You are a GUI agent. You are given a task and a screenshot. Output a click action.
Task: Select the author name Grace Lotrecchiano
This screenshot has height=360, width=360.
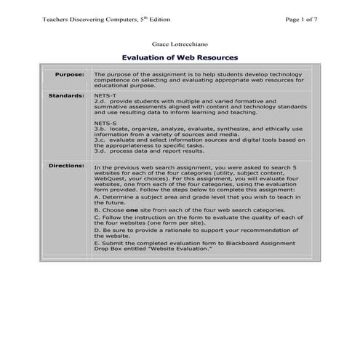(180, 44)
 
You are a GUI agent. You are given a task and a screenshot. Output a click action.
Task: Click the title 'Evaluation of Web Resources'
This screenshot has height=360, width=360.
(180, 57)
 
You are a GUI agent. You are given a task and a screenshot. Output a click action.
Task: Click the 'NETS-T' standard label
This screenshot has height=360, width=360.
(105, 95)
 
